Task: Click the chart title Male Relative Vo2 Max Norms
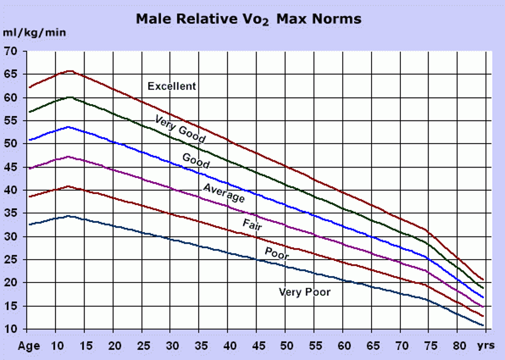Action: coord(248,19)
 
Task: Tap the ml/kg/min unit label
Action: coord(35,33)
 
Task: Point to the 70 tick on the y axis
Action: coord(11,52)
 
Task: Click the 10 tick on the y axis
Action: coord(11,329)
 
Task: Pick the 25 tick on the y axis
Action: coord(11,260)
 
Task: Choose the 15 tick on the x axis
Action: coord(86,346)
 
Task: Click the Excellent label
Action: coord(172,86)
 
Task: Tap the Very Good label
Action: coord(180,129)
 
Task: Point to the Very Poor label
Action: coord(304,292)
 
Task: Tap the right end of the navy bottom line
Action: coord(483,325)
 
